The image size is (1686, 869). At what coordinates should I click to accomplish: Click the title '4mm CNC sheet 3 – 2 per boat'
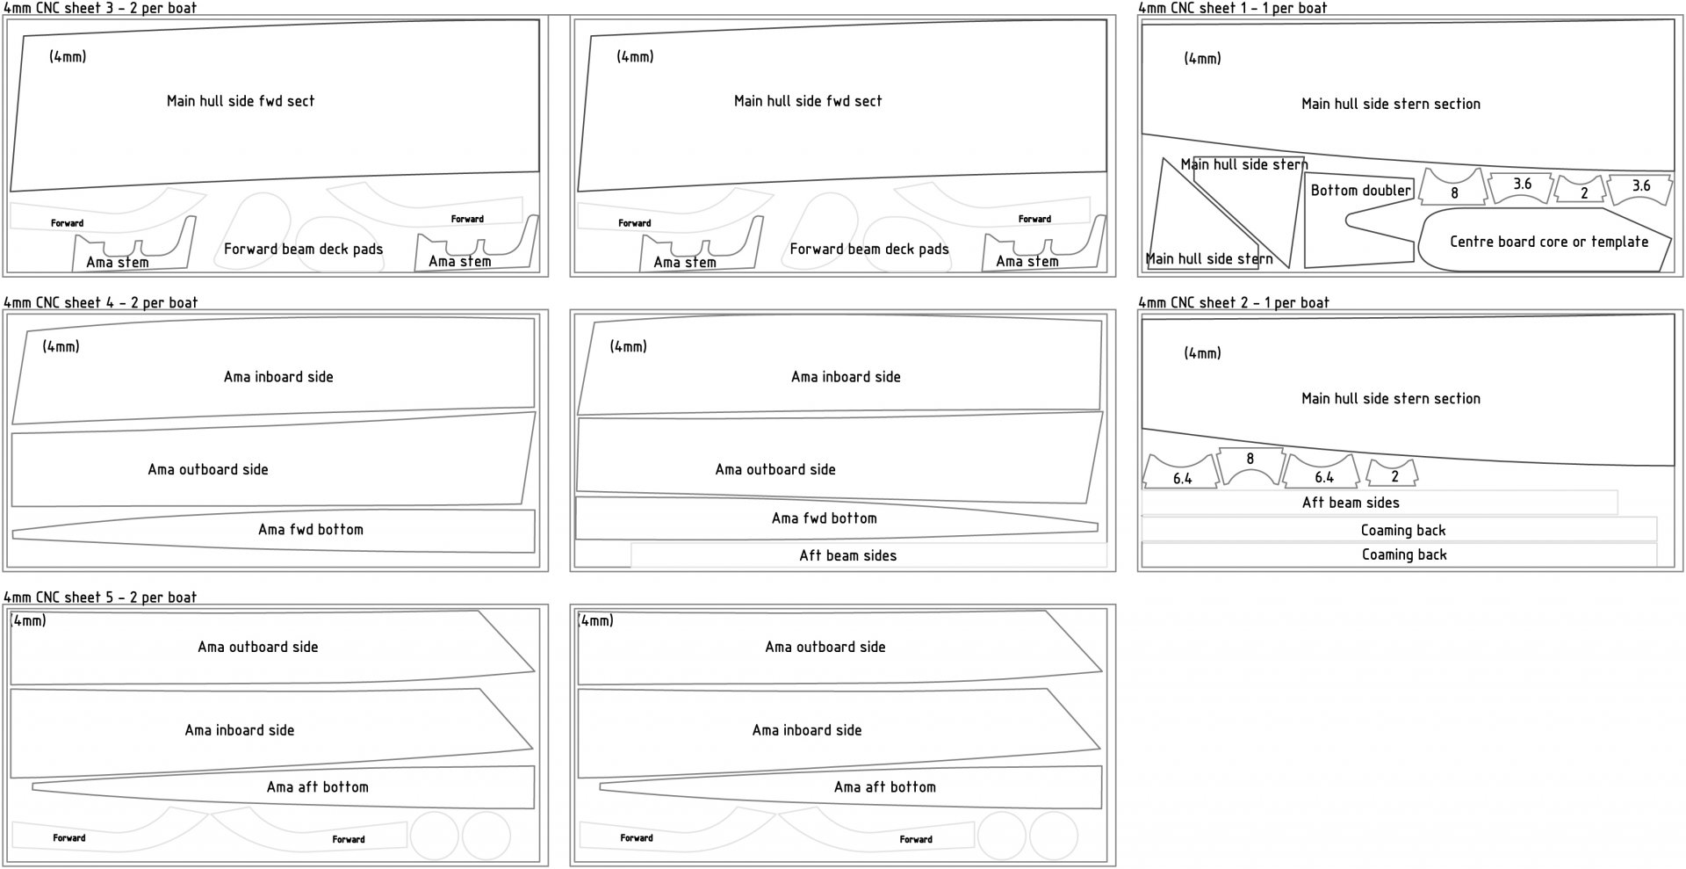[100, 8]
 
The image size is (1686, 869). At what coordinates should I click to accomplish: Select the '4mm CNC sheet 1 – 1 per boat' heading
[1232, 8]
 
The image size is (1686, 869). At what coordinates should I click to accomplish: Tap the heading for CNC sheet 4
[100, 302]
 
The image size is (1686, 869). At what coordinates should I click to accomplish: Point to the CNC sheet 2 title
[1233, 302]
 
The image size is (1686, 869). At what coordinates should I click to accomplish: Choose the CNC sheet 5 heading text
[100, 597]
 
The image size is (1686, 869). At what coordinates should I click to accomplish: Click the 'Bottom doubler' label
[1360, 190]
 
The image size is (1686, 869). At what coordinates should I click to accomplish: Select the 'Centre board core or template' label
[1549, 241]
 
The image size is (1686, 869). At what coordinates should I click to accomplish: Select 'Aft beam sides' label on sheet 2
[1351, 503]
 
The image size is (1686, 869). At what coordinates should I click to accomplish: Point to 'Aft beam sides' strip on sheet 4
[847, 555]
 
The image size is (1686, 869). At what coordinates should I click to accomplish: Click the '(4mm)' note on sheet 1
[1202, 58]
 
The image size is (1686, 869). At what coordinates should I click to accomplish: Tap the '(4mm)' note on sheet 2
[1202, 352]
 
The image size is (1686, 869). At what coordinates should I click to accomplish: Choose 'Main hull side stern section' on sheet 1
[1390, 104]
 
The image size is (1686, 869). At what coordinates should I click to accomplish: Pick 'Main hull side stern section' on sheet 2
[1390, 398]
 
